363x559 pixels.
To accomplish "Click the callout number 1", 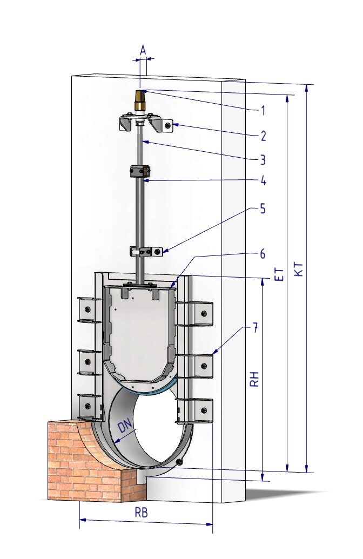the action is tap(263, 111).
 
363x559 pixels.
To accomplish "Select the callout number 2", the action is tap(263, 136).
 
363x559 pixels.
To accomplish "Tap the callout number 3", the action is tap(263, 160).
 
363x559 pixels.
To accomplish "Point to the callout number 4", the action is tap(263, 180).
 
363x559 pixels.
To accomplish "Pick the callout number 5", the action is tap(263, 208).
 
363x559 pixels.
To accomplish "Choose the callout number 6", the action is tap(263, 254).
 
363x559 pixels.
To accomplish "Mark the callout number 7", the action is tap(254, 328).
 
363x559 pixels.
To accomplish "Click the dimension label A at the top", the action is tap(143, 50).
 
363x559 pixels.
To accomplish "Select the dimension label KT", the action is tap(299, 269).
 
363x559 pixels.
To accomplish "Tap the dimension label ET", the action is tap(280, 274).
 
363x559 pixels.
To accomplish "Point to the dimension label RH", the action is tap(254, 380).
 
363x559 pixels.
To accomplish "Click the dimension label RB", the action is tap(141, 513).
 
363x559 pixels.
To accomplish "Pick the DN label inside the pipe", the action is tap(125, 426).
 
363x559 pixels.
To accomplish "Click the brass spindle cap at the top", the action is tap(139, 100).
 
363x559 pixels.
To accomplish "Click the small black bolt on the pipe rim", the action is tap(179, 462).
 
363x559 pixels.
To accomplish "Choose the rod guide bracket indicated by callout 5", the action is tap(146, 251).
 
